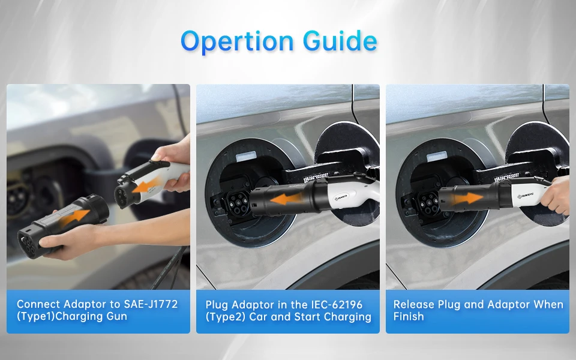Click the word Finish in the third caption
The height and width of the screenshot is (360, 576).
[x=409, y=316]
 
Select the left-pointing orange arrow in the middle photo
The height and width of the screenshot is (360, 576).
[x=286, y=199]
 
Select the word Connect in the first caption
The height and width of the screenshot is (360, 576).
[x=38, y=304]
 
